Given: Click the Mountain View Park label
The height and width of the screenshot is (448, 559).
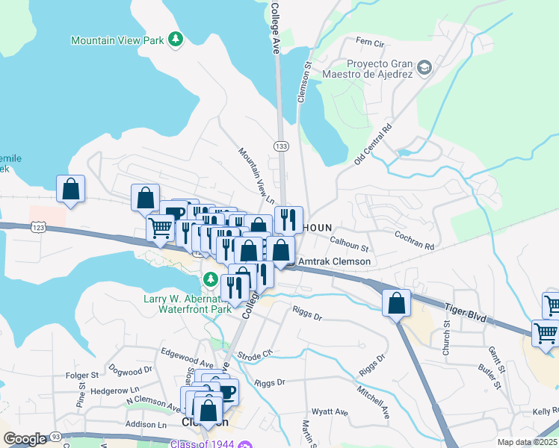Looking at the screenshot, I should coord(117,40).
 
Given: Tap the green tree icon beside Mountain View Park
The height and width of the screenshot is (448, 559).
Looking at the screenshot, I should coord(176,38).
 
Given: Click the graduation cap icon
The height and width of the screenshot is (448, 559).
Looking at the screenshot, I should coord(424,68).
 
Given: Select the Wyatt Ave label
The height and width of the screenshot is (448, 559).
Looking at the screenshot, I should coord(330,411).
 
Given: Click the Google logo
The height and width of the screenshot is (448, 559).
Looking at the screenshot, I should coord(25,439).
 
